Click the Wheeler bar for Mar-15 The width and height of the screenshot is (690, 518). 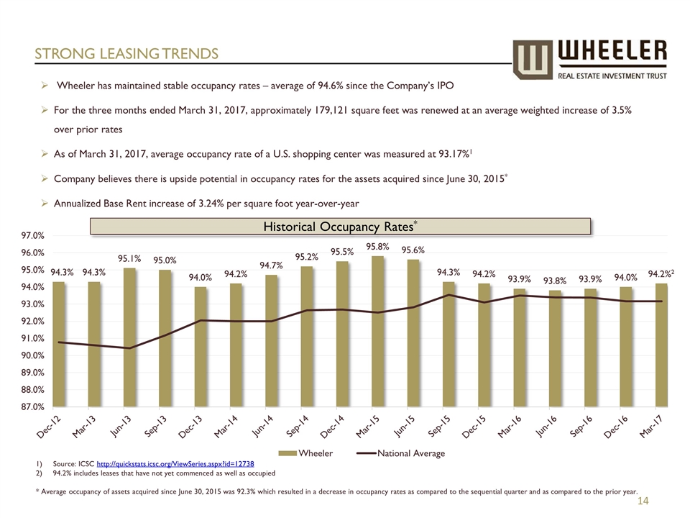pyautogui.click(x=378, y=331)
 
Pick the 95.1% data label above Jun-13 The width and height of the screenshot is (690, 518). pyautogui.click(x=130, y=258)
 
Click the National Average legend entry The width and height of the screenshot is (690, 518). pyautogui.click(x=402, y=453)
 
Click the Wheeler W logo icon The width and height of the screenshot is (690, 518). pyautogui.click(x=533, y=60)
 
